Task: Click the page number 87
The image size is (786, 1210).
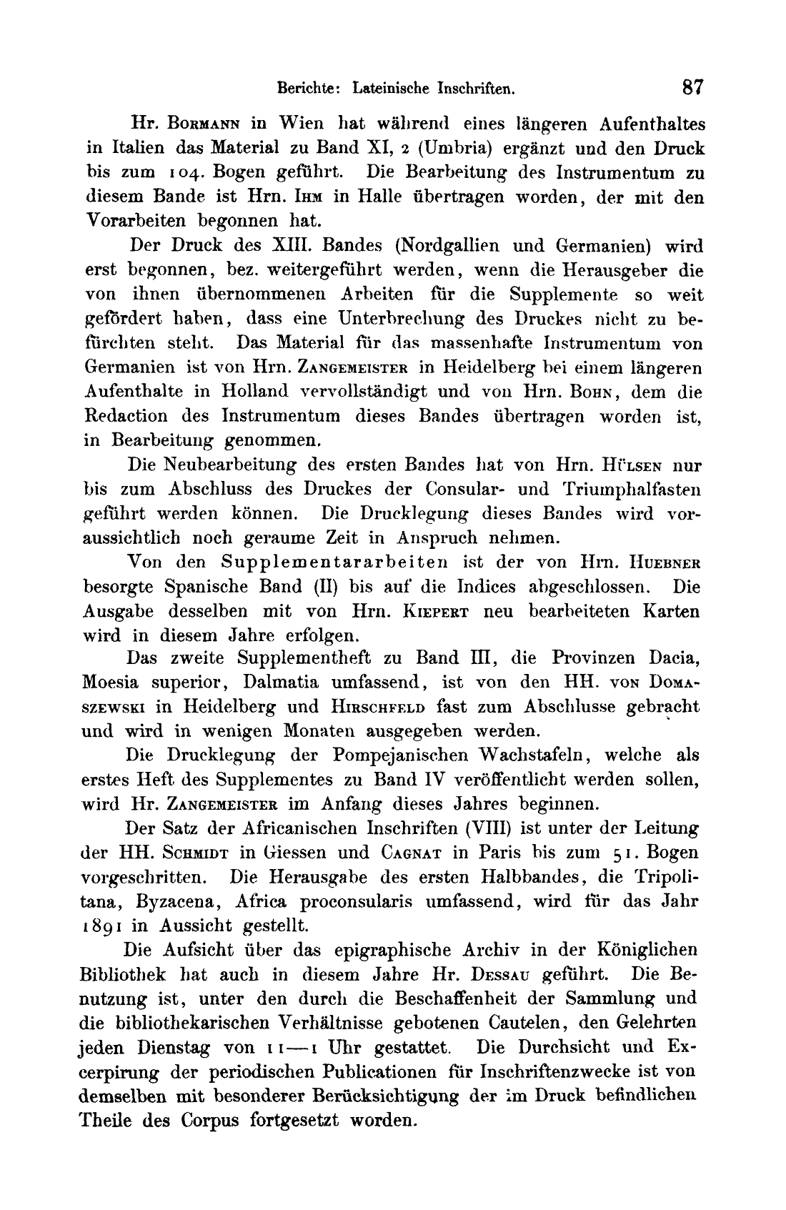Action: pyautogui.click(x=692, y=88)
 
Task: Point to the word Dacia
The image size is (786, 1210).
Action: pyautogui.click(x=673, y=658)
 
